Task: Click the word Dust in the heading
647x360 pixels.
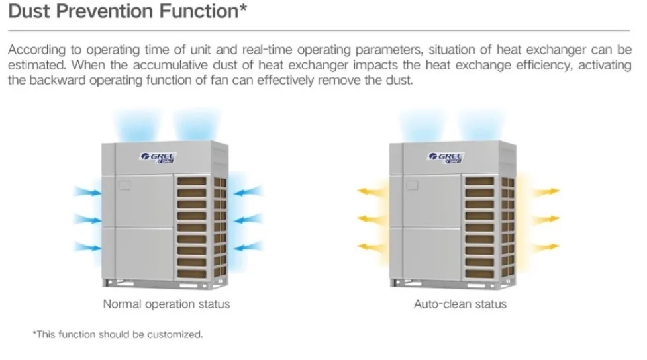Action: pos(28,11)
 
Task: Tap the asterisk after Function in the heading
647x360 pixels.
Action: pos(244,9)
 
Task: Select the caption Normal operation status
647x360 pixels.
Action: pos(166,304)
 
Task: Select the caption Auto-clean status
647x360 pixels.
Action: pos(460,304)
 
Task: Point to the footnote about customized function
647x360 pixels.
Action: pos(117,335)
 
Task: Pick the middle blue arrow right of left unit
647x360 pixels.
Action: pos(248,218)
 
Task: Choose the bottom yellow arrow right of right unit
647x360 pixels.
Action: pos(547,247)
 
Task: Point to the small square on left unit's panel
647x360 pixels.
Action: pos(124,185)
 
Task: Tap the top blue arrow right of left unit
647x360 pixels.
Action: pos(248,192)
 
